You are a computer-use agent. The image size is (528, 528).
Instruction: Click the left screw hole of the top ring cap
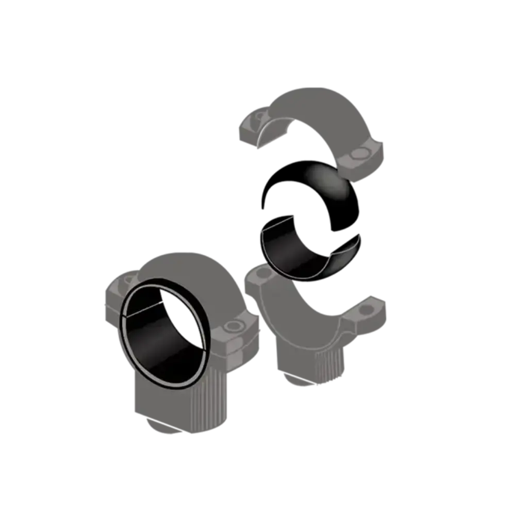coord(256,120)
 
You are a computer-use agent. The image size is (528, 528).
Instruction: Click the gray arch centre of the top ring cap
coord(320,108)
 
